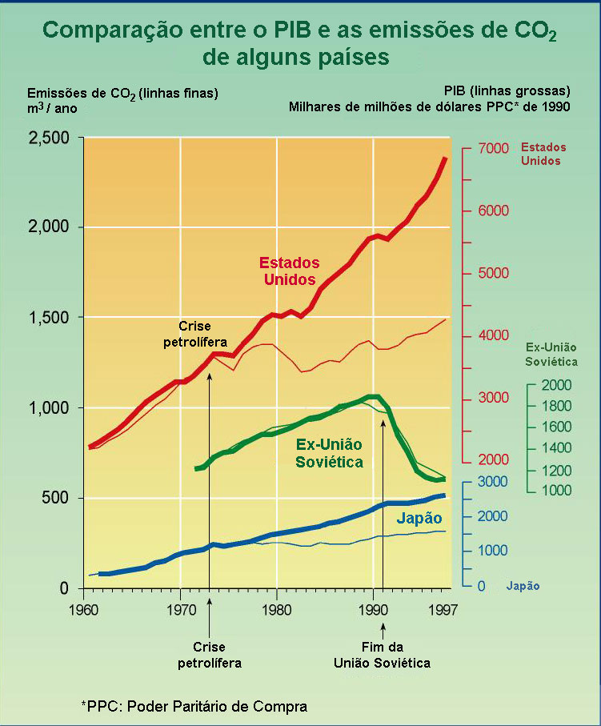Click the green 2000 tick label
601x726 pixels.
[x=556, y=385]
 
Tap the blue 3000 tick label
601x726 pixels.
[x=493, y=481]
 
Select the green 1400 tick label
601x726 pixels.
[x=556, y=448]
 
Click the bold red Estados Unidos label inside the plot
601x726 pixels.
[x=289, y=271]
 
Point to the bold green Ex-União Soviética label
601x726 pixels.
[x=329, y=453]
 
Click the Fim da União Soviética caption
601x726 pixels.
[x=383, y=656]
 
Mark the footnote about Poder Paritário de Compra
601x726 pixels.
[x=194, y=706]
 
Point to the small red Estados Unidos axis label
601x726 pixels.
[x=543, y=154]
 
